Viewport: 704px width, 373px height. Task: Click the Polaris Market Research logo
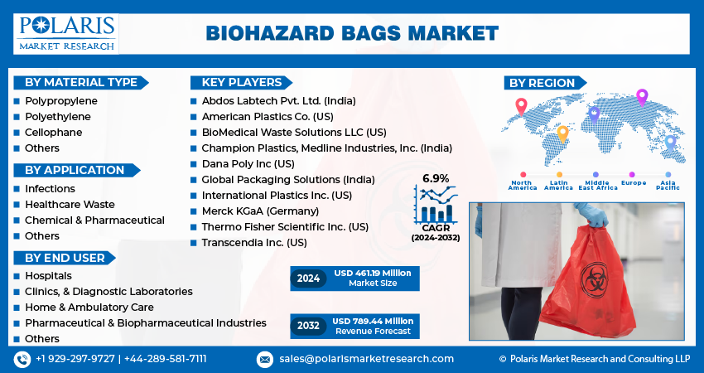[66, 34]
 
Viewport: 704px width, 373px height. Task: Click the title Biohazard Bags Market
[352, 34]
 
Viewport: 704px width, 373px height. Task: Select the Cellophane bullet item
[54, 132]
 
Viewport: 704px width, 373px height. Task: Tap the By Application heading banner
[76, 170]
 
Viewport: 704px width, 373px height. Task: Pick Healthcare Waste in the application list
[70, 204]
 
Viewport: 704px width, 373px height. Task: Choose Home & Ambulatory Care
[89, 307]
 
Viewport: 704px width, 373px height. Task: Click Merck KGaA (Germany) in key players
[260, 211]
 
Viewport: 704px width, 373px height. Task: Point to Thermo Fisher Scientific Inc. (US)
[285, 226]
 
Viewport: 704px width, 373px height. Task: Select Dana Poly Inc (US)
[248, 163]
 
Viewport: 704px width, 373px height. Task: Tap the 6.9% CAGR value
[436, 178]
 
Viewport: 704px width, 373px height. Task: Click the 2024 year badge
[308, 279]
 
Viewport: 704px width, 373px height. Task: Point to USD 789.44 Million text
[373, 321]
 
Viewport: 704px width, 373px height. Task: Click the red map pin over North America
[521, 106]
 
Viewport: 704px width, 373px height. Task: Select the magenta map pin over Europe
[642, 98]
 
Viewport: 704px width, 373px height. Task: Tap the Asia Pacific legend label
[668, 185]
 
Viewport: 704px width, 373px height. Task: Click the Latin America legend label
[558, 185]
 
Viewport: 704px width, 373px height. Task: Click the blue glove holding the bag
[591, 214]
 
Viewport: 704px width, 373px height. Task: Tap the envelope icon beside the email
[265, 360]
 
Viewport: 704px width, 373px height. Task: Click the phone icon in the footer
[22, 360]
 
